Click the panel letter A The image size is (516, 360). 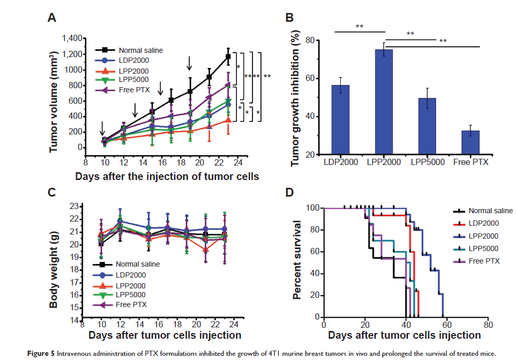point(52,19)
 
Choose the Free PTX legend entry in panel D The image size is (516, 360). point(483,260)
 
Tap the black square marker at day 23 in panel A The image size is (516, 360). point(228,57)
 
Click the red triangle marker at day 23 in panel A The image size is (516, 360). point(228,120)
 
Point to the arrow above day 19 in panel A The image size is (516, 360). point(190,63)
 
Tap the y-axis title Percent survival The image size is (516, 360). point(298,260)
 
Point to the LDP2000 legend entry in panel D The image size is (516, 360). point(484,223)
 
